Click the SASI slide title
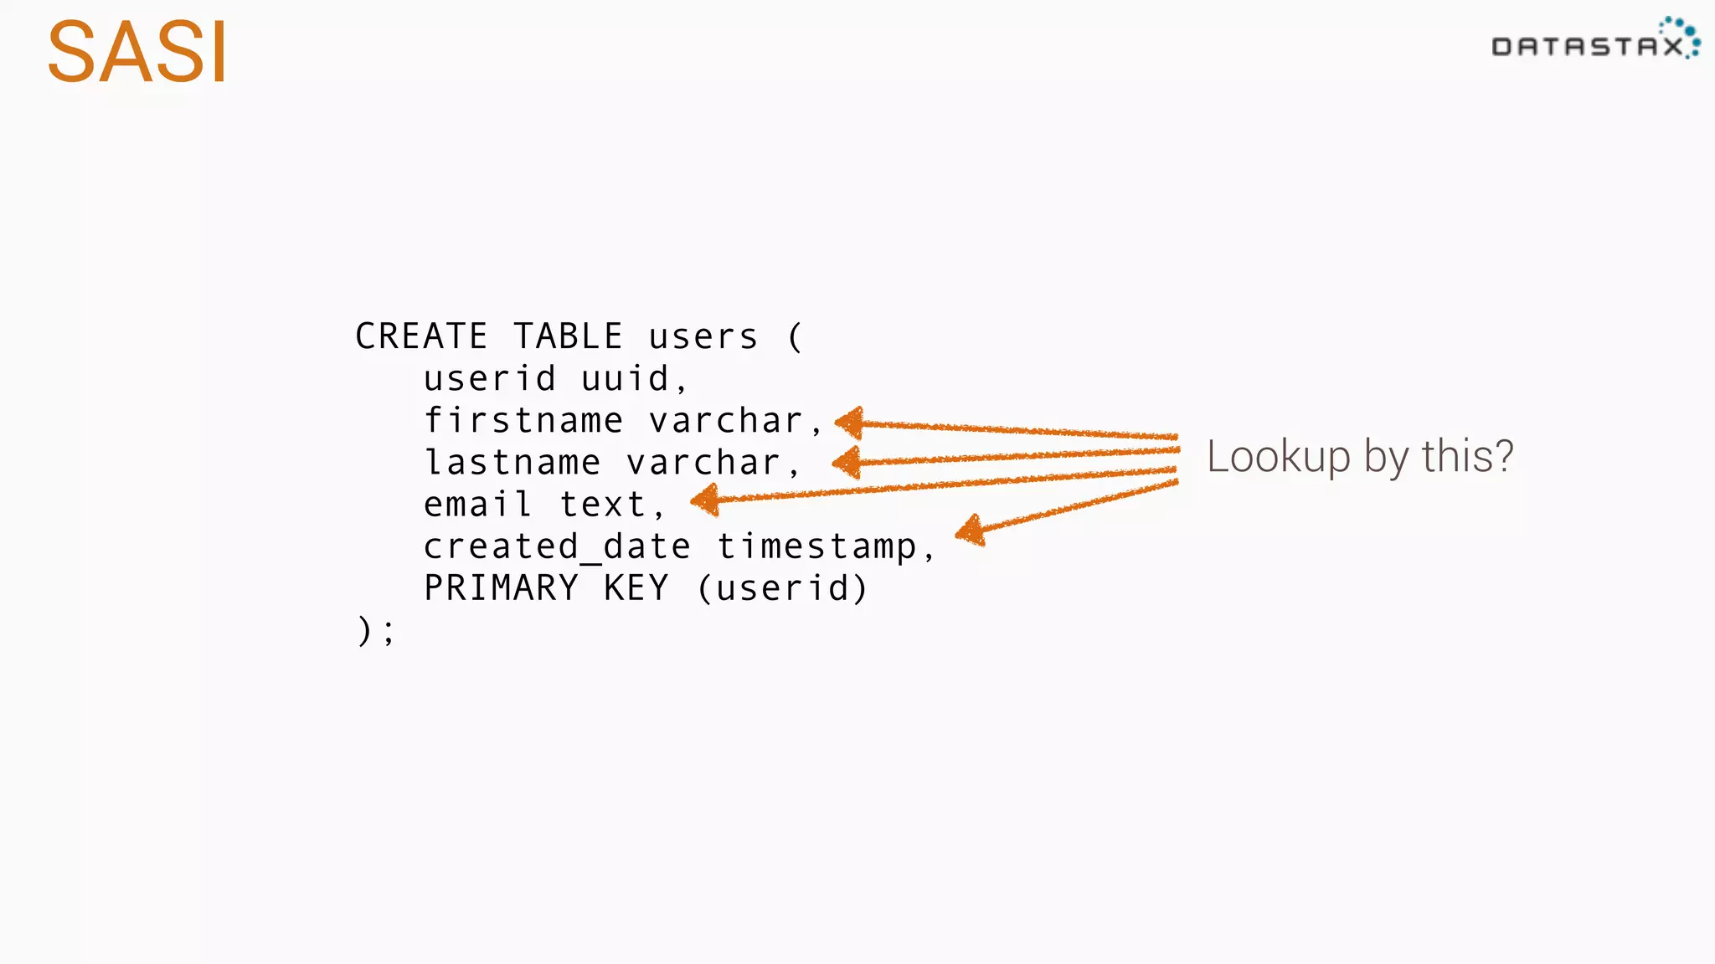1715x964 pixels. coord(136,53)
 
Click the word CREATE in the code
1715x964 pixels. coord(421,336)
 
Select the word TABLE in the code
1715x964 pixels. coord(568,336)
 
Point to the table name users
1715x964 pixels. coord(703,337)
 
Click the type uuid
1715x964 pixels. coord(626,379)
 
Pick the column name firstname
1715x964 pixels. coord(523,420)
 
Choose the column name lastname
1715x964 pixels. coord(512,462)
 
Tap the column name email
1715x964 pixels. coord(478,504)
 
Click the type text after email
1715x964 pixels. coord(603,505)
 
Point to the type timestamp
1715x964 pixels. coord(817,546)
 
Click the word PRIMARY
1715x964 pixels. coord(501,588)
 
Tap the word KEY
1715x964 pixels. coord(636,588)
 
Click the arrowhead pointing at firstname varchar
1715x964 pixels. coord(851,423)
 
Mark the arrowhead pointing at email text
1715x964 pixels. coord(705,500)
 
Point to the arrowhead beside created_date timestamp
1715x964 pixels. coord(971,531)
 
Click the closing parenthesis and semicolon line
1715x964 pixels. coord(375,630)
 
